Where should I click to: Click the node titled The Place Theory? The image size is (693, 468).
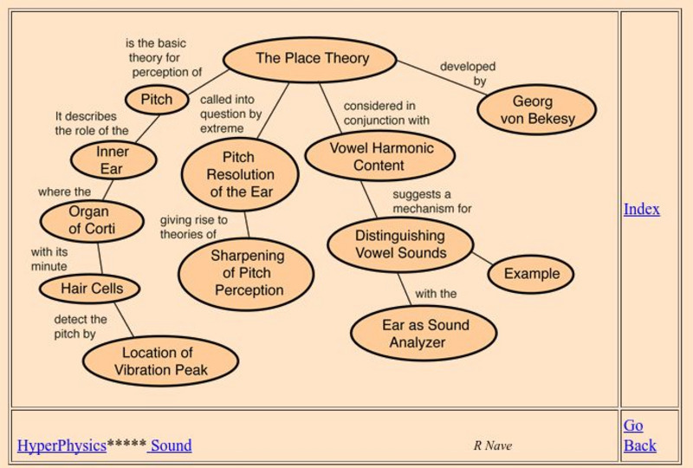point(311,59)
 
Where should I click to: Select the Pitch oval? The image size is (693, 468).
point(157,99)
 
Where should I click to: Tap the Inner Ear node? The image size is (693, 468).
point(113,160)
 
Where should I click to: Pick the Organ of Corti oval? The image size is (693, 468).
point(92,220)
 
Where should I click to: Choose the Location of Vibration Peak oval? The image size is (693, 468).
point(161,361)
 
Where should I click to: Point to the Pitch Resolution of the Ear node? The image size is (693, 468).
point(239,174)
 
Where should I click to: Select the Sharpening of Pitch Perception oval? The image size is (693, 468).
point(247,273)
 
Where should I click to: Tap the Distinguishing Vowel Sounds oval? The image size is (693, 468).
point(400,244)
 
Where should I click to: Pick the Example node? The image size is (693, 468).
point(531,274)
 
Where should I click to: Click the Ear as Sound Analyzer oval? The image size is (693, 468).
point(424,334)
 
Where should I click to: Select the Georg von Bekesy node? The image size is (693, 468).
point(537,110)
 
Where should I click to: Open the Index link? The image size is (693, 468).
point(641,209)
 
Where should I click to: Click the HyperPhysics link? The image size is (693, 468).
point(62,445)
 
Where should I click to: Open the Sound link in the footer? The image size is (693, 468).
point(171,445)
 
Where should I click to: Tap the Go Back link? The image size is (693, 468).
point(639,435)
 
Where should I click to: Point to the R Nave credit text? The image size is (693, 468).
point(492,445)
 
